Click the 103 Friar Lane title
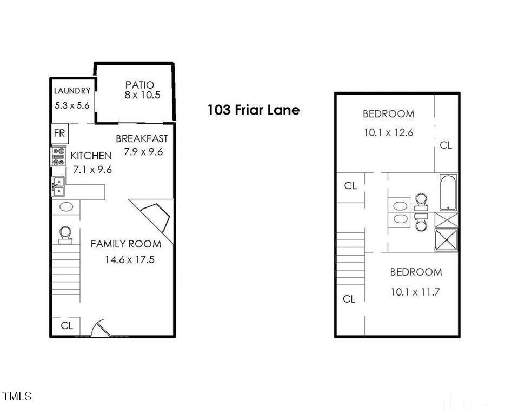click(253, 110)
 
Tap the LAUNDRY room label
click(72, 91)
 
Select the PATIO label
click(139, 85)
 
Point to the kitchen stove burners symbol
click(58, 157)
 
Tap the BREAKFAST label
click(142, 139)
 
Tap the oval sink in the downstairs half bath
click(66, 206)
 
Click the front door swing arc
click(100, 328)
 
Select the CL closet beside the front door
click(67, 326)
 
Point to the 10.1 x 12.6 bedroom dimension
click(388, 132)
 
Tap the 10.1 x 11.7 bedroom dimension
click(415, 292)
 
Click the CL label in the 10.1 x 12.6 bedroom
click(446, 145)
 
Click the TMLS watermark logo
click(17, 396)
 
